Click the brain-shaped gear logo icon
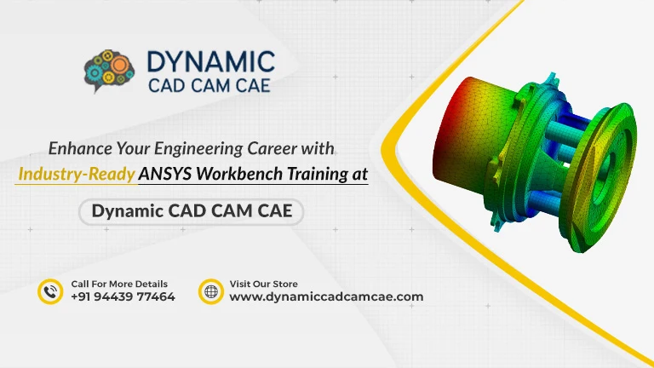pyautogui.click(x=109, y=71)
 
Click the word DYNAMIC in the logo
pyautogui.click(x=211, y=62)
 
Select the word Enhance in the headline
pyautogui.click(x=80, y=148)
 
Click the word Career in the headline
pyautogui.click(x=272, y=148)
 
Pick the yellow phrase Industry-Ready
pyautogui.click(x=77, y=174)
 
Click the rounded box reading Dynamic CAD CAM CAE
pyautogui.click(x=191, y=211)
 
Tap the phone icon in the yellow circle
pyautogui.click(x=50, y=291)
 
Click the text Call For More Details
pyautogui.click(x=119, y=285)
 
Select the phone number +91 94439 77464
pyautogui.click(x=123, y=296)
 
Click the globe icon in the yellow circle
pyautogui.click(x=211, y=291)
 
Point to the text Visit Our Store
pyautogui.click(x=264, y=285)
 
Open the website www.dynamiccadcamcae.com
pyautogui.click(x=327, y=296)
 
